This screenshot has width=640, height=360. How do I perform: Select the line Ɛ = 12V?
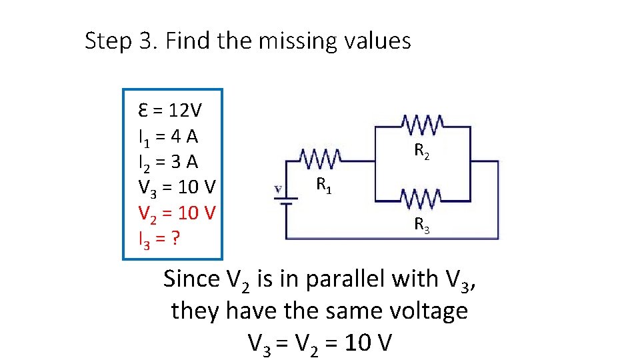point(171,109)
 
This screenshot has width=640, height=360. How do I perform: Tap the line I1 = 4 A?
point(168,137)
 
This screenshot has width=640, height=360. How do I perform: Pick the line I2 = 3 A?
point(168,162)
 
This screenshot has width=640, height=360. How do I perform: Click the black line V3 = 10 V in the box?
point(177,187)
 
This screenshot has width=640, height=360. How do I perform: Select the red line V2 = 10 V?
point(177,213)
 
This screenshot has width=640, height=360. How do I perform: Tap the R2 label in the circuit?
point(422,151)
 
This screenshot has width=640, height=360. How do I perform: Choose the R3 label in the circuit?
point(422,225)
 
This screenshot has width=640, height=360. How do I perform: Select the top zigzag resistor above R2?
point(422,124)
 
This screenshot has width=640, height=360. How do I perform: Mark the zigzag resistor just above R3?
point(421,198)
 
